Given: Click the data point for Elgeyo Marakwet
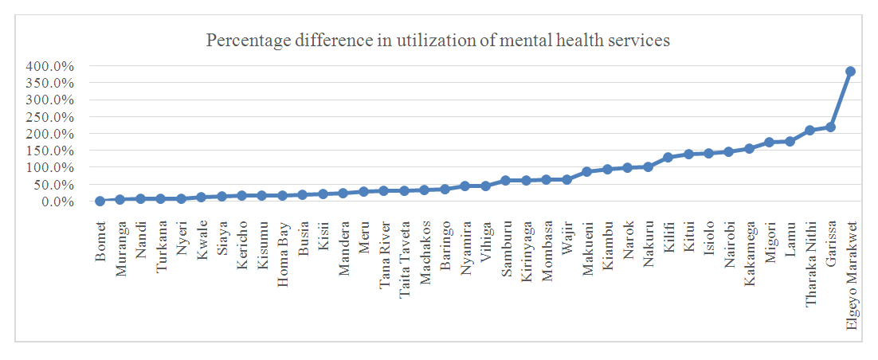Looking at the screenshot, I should (850, 71).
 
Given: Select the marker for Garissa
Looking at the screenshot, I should (830, 127).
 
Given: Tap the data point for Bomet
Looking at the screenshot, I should (100, 201).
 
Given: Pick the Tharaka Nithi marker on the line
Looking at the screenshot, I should (809, 131).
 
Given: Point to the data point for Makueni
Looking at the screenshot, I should (586, 171).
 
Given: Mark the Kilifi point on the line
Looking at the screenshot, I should (668, 158).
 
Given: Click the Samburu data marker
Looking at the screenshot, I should (505, 180).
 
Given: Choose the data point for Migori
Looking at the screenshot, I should (769, 143).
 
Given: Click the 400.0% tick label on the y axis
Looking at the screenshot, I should (49, 67).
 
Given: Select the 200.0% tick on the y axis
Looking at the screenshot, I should (49, 135).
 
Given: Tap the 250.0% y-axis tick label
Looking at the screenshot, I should (49, 117).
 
